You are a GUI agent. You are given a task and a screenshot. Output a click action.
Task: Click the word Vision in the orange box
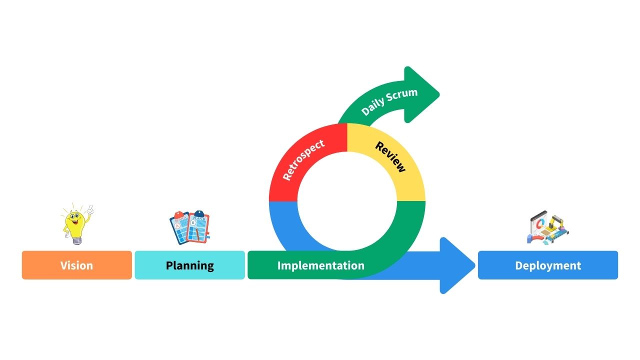[x=76, y=265]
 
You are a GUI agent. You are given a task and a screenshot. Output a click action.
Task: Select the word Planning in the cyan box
[x=189, y=265]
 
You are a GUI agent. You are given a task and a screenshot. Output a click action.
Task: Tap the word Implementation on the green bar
[x=320, y=265]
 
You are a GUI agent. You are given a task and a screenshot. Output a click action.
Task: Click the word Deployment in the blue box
[x=548, y=265]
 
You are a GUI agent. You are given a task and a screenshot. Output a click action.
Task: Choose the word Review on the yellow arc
[x=390, y=156]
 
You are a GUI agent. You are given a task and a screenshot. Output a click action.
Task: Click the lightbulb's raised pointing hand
[x=89, y=209]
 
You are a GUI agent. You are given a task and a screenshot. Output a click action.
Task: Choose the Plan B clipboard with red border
[x=198, y=227]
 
